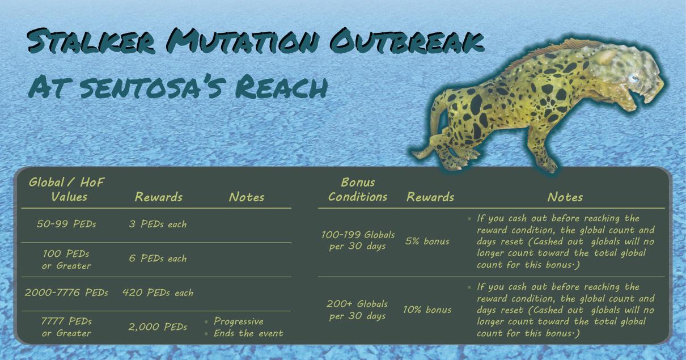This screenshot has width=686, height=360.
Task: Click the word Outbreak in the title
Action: pos(406,41)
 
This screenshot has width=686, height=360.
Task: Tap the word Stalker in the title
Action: pos(91,41)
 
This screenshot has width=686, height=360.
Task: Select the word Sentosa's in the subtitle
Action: pos(151,87)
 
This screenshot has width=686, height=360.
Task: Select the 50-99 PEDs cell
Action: pos(66,224)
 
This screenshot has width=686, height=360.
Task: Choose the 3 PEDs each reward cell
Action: pos(158,224)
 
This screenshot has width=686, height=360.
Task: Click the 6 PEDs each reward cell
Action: pos(158,259)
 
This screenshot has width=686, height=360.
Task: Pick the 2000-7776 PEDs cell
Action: pos(66,293)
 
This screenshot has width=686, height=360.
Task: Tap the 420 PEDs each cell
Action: pos(158,293)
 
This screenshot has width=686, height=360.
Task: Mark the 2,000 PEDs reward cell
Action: pos(158,327)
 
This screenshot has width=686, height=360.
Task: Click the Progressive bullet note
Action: pos(238,321)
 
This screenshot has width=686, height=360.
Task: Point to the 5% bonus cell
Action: pos(427,241)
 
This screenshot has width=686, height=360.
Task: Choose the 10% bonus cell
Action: pos(427,310)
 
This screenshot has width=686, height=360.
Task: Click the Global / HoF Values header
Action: pos(66,189)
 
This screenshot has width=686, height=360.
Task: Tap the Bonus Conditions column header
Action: pos(358,189)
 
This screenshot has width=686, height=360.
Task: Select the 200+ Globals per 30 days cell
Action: pos(357,310)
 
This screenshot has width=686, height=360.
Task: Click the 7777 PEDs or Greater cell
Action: pos(66,327)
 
